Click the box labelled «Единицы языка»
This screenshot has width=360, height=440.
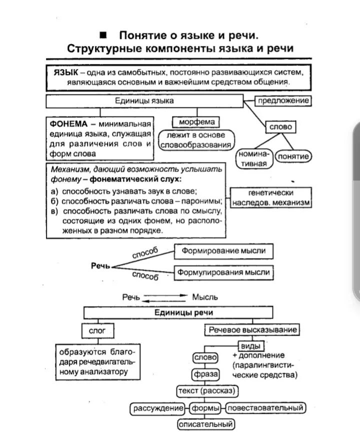[x=144, y=101]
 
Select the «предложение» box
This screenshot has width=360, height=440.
[x=283, y=101]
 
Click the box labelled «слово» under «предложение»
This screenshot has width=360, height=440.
[x=280, y=127]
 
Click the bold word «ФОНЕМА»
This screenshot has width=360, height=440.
[x=69, y=123]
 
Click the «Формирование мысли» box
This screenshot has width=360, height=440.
[x=223, y=251]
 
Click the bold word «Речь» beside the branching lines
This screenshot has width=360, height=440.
[x=100, y=266]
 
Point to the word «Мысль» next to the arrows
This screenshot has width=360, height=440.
[x=205, y=297]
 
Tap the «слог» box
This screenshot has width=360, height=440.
[x=98, y=330]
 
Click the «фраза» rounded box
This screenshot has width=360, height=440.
[x=205, y=374]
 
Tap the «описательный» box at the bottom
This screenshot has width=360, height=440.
[x=206, y=424]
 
